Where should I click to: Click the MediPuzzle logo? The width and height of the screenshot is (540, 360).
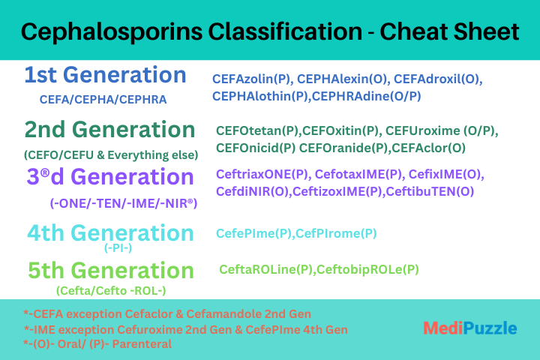(x=470, y=328)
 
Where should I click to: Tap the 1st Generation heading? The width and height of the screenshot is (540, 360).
(x=106, y=75)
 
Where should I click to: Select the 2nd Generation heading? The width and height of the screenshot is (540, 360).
(x=109, y=130)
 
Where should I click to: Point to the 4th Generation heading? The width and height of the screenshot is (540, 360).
(x=110, y=233)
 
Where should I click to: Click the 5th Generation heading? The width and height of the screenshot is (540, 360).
(x=111, y=270)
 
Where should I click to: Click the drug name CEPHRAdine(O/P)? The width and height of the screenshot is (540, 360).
(x=366, y=96)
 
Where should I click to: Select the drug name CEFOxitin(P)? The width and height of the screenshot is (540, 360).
(x=340, y=131)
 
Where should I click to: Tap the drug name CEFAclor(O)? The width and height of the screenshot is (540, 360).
(x=428, y=148)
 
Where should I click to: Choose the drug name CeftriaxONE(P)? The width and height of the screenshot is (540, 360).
(x=262, y=174)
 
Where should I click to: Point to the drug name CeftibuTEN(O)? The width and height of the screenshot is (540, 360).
(x=430, y=191)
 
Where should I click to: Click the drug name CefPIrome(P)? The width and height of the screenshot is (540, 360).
(x=336, y=233)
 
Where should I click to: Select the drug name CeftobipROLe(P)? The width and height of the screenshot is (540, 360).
(x=367, y=269)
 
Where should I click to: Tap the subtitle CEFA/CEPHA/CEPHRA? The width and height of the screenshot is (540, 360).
(x=103, y=100)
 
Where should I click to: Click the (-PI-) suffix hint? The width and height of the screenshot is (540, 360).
(x=118, y=247)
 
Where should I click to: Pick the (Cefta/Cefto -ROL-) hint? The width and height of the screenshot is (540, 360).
(x=111, y=291)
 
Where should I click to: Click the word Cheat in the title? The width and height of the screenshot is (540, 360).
(x=412, y=31)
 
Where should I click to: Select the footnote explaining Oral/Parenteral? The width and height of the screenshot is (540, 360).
(x=97, y=343)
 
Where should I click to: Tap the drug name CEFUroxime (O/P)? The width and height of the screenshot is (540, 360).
(x=442, y=131)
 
